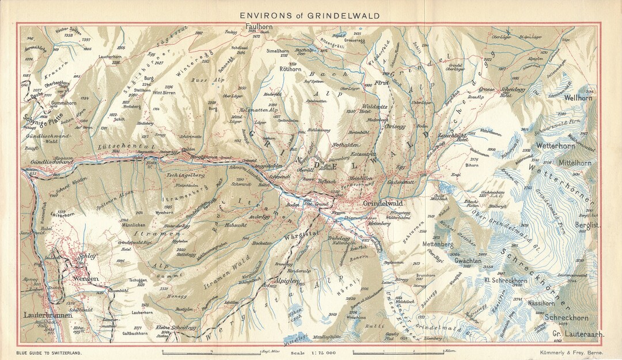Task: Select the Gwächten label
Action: pos(468,260)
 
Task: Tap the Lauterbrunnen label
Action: pos(48,316)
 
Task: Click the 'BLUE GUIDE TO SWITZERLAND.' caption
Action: pos(48,352)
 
